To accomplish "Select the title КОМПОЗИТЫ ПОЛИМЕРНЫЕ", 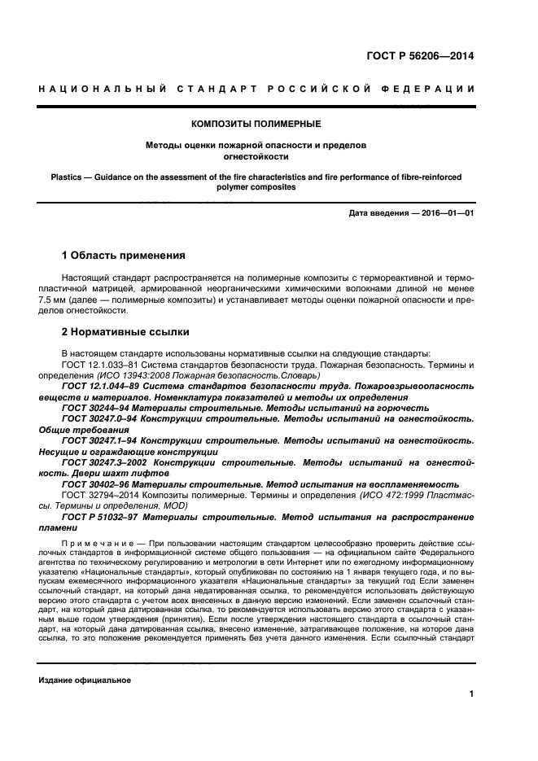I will point(256,124).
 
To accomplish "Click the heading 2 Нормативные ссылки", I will point(125,332).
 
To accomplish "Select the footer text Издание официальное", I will point(85,680).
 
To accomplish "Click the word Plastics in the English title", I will point(68,176).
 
